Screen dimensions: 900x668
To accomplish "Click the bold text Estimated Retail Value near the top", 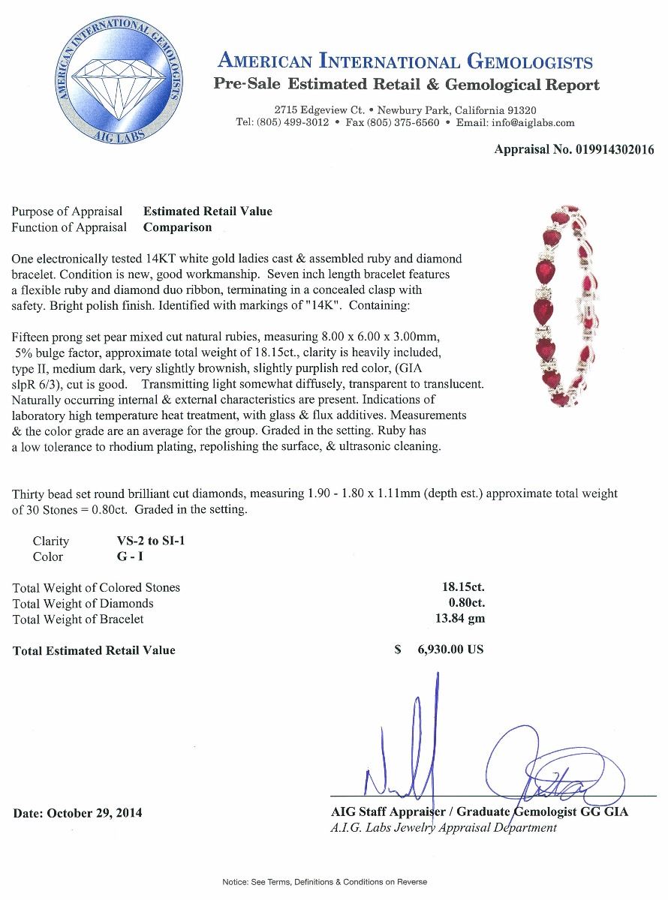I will [208, 211].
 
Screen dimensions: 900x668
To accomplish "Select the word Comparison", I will [178, 227].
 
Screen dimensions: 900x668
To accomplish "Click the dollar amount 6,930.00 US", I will [450, 649].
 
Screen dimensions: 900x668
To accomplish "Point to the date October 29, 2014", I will [77, 813].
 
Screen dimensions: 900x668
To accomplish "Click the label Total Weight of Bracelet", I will [78, 619].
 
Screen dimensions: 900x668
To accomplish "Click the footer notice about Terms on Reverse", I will [324, 882].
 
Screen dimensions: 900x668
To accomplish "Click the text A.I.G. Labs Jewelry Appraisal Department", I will [444, 828].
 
